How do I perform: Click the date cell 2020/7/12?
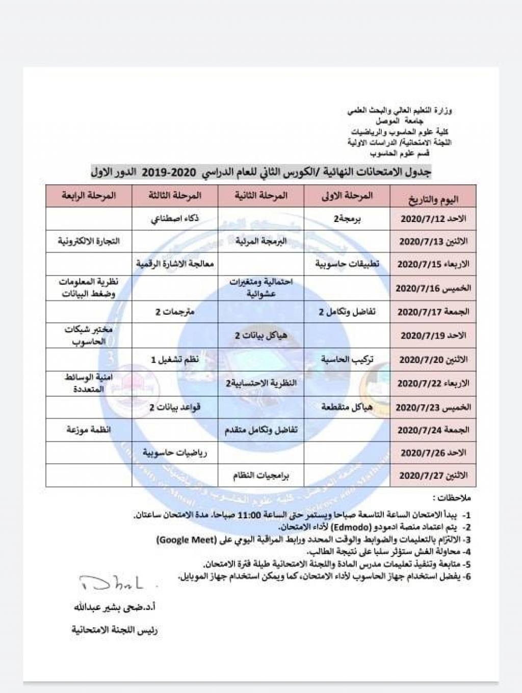point(433,219)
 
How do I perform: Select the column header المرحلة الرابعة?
point(89,196)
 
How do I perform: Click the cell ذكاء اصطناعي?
point(175,219)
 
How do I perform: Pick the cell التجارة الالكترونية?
point(89,241)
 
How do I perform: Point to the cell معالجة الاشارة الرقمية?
point(175,264)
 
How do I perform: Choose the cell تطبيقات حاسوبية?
point(347,264)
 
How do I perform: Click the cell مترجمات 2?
point(175,311)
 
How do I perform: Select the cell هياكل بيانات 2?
point(260,335)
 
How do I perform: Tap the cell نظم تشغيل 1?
point(175,359)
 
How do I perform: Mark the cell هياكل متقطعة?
point(347,407)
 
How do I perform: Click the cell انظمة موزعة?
point(89,430)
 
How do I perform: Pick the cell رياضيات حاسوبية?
point(175,453)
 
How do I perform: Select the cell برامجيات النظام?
point(260,476)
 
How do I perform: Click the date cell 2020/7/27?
point(433,476)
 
